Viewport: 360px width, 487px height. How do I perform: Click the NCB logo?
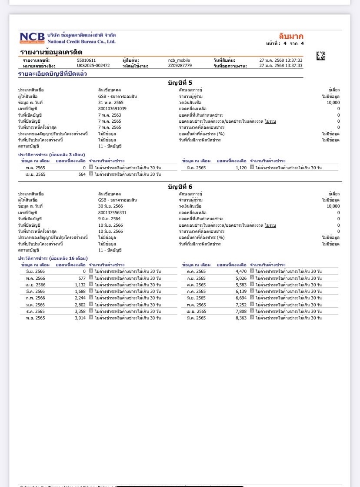[x=32, y=38]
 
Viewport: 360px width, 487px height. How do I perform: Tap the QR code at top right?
[x=320, y=56]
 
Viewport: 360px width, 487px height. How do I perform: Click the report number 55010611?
[x=87, y=60]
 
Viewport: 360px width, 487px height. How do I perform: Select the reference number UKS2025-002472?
[x=93, y=66]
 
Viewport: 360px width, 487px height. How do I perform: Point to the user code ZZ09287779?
[x=180, y=66]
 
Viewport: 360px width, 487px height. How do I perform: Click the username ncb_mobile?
[x=179, y=60]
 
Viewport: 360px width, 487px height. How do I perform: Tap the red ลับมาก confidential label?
[x=291, y=36]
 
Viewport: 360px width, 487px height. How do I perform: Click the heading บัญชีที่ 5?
[x=180, y=83]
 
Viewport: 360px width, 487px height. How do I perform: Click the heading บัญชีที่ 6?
[x=180, y=187]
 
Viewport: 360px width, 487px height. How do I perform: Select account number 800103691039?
[x=112, y=109]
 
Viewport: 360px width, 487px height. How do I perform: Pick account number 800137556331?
[x=112, y=213]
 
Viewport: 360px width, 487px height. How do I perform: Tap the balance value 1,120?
[x=241, y=168]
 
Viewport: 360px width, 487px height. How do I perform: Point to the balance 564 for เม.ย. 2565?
[x=81, y=175]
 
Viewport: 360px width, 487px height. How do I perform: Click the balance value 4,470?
[x=241, y=271]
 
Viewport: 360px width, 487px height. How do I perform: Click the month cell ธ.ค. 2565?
[x=35, y=312]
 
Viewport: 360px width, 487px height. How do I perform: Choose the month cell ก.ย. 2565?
[x=197, y=278]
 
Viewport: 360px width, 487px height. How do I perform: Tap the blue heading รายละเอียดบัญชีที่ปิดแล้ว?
[x=52, y=74]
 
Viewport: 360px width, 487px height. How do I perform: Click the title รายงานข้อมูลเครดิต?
[x=51, y=52]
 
